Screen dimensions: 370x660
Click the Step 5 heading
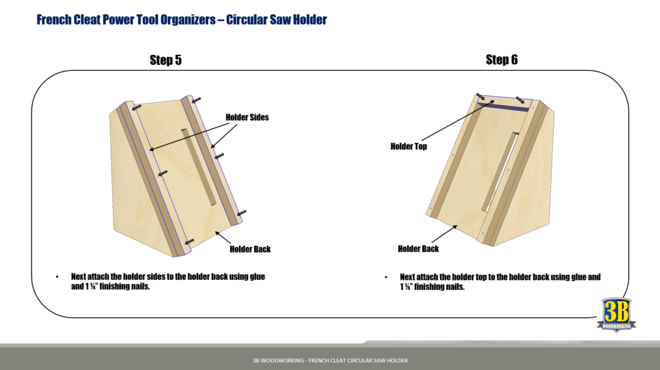click(x=165, y=60)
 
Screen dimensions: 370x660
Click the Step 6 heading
click(x=501, y=60)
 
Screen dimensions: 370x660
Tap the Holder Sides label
click(x=247, y=117)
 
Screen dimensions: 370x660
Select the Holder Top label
click(x=408, y=146)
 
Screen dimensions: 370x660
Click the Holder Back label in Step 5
click(x=250, y=249)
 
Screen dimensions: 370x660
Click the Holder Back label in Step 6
click(x=418, y=249)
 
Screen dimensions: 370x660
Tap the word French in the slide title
click(x=55, y=20)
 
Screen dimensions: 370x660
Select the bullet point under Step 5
click(x=57, y=277)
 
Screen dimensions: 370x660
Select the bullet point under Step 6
click(x=386, y=277)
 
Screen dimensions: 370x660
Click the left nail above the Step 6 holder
click(x=481, y=97)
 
